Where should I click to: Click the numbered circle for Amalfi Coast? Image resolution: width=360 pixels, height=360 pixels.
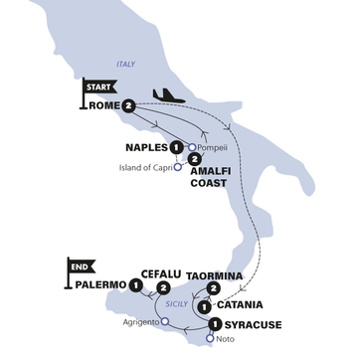click(x=193, y=158)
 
